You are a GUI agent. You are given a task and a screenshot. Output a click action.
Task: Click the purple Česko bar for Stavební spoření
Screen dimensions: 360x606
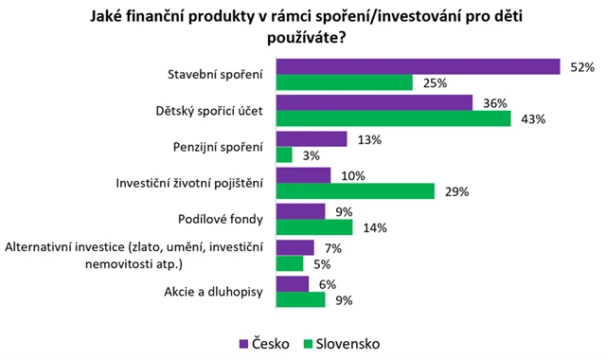coord(418,66)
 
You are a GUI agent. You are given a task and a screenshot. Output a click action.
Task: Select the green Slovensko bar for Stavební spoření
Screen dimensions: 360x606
coord(344,83)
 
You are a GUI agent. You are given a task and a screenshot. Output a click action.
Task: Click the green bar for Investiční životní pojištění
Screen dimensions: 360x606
coord(354,191)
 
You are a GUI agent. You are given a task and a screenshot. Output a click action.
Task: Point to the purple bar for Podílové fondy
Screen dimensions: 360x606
coord(300,210)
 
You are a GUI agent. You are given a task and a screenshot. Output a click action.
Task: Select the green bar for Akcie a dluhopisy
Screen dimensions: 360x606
coord(300,299)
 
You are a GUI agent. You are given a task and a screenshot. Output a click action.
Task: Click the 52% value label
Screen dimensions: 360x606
coord(580,67)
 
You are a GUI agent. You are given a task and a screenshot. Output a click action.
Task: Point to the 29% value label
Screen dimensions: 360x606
coord(456,192)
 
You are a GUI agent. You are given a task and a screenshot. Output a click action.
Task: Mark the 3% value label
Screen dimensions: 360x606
coord(310,156)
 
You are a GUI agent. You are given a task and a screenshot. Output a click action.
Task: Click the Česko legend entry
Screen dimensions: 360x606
coord(258,342)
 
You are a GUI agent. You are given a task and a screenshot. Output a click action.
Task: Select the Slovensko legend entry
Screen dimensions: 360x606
coord(348,342)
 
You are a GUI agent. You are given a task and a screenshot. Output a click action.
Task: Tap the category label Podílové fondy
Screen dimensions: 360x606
coord(220,219)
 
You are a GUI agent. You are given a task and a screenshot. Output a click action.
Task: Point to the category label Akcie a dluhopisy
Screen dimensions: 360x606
coord(212,291)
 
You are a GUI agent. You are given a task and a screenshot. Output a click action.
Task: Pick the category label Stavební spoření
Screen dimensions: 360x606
coord(217,75)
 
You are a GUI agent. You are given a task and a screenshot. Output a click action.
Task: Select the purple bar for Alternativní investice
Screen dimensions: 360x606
coord(294,246)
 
